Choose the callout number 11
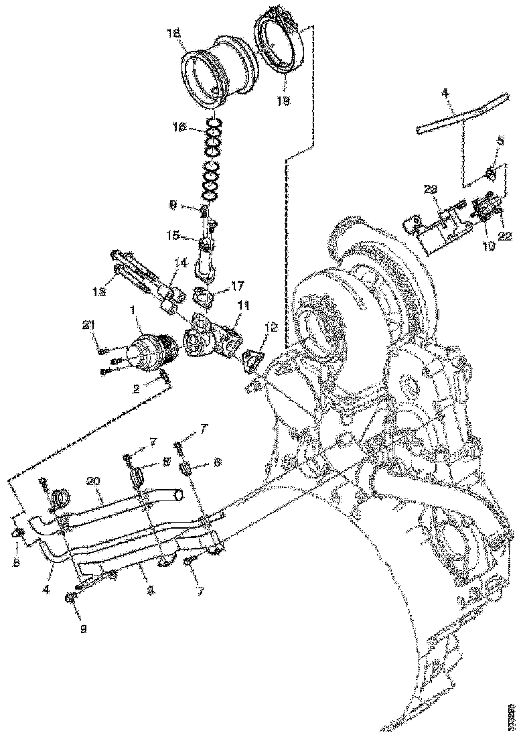tap(242, 306)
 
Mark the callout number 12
tap(271, 327)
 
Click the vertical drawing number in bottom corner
tap(512, 717)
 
